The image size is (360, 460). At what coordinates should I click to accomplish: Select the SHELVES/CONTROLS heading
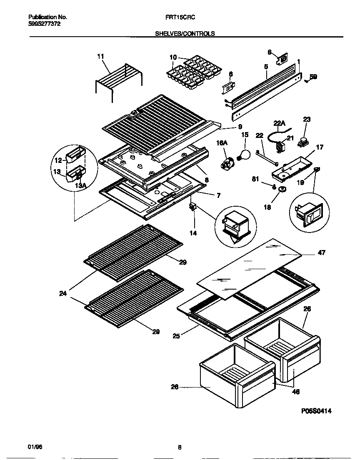tap(185, 34)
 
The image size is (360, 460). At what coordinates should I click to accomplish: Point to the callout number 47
tap(321, 253)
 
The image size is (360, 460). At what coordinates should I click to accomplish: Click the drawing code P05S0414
tap(316, 411)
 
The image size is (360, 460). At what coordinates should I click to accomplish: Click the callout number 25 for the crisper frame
tap(176, 336)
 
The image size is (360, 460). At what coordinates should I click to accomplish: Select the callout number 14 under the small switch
tap(193, 233)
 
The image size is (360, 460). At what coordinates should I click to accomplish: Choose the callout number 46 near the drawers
tap(296, 392)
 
